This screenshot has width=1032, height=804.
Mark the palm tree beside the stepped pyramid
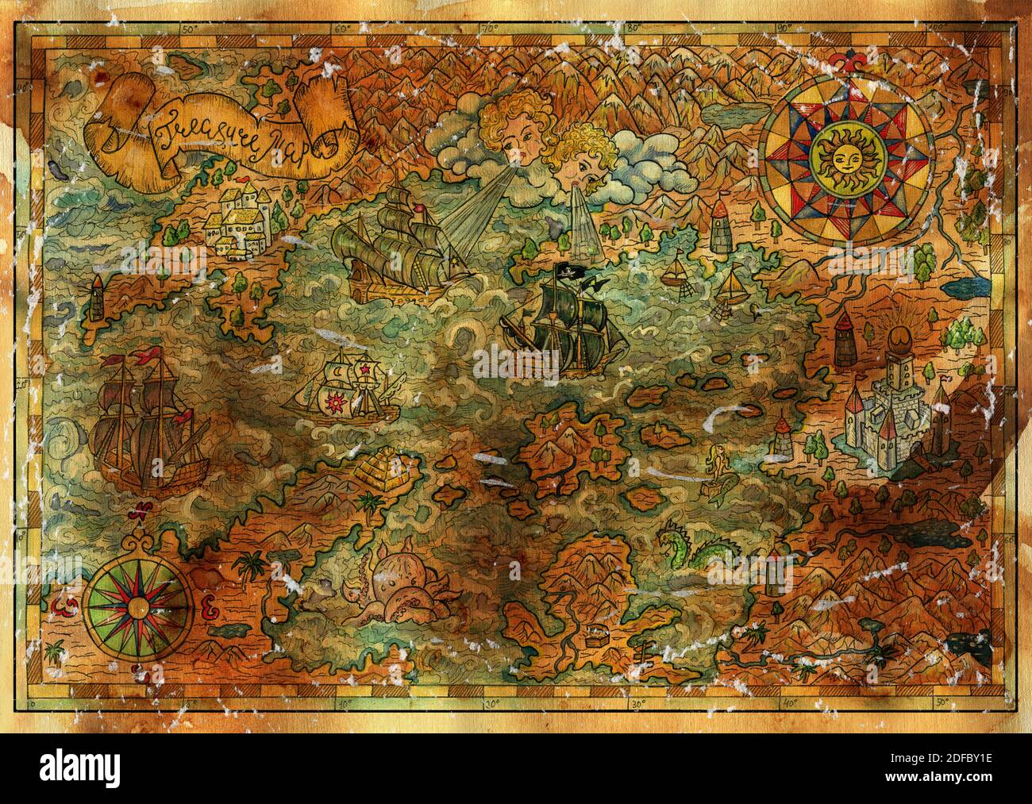368,502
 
